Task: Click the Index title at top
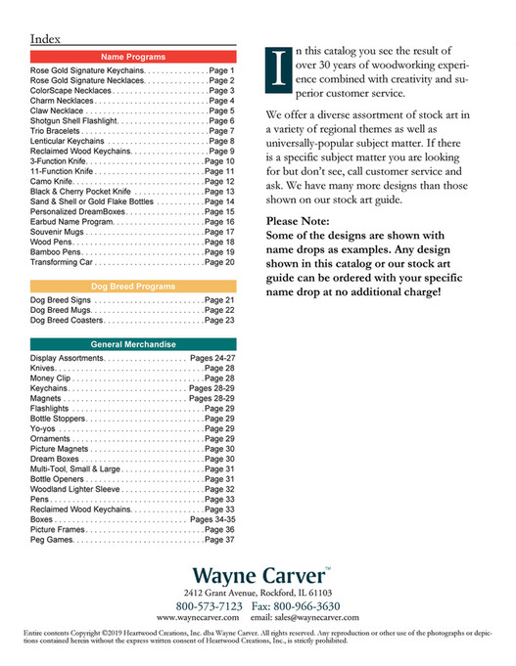[46, 38]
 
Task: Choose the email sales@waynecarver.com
[305, 618]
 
